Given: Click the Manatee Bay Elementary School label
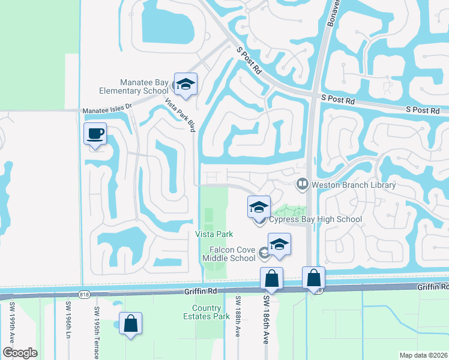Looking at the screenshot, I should pyautogui.click(x=136, y=86).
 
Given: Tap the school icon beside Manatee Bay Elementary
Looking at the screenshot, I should pyautogui.click(x=185, y=85).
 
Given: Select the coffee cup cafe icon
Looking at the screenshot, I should pyautogui.click(x=95, y=134).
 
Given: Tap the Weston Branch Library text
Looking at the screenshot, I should pyautogui.click(x=354, y=185).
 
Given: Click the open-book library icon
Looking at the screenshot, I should pyautogui.click(x=303, y=184).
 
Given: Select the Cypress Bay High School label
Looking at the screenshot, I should pyautogui.click(x=315, y=219).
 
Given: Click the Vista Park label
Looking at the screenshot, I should pyautogui.click(x=214, y=233).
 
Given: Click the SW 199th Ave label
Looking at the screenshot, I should pyautogui.click(x=11, y=325).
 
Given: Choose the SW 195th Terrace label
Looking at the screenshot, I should pyautogui.click(x=96, y=333).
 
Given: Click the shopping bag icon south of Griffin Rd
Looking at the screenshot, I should pyautogui.click(x=130, y=324).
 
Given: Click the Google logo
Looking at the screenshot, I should pyautogui.click(x=20, y=353).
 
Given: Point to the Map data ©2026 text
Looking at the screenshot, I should pyautogui.click(x=423, y=355).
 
